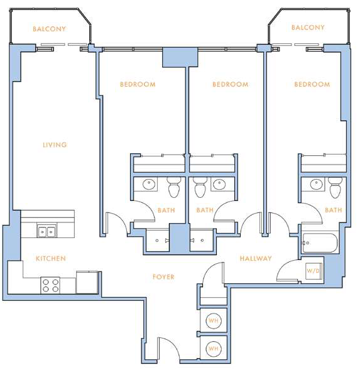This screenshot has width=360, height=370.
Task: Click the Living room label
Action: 55,144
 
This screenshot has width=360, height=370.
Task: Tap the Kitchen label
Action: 51,258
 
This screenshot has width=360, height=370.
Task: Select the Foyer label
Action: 163,276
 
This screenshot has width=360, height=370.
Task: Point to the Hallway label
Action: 256,258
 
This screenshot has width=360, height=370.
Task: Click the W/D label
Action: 313,271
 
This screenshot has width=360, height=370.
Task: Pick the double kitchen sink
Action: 47,231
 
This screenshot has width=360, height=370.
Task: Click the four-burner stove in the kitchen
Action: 50,285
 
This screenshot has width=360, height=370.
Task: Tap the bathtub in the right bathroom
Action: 320,243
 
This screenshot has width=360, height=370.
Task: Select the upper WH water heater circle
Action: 214,320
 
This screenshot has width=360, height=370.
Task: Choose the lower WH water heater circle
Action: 214,349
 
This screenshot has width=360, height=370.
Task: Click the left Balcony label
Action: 49,29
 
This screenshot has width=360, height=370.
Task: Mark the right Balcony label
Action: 308,28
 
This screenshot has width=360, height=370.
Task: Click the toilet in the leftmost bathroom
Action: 173,188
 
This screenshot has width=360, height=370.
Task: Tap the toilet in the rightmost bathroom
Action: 335,188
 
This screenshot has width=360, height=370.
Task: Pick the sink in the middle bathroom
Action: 219,183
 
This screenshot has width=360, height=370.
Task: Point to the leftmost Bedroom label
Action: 138,84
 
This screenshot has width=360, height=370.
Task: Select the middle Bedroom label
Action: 231,84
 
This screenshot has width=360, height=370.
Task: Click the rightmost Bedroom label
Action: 312,84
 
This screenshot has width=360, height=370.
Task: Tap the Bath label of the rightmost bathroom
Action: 334,210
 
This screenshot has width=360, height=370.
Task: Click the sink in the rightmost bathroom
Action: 316,184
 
